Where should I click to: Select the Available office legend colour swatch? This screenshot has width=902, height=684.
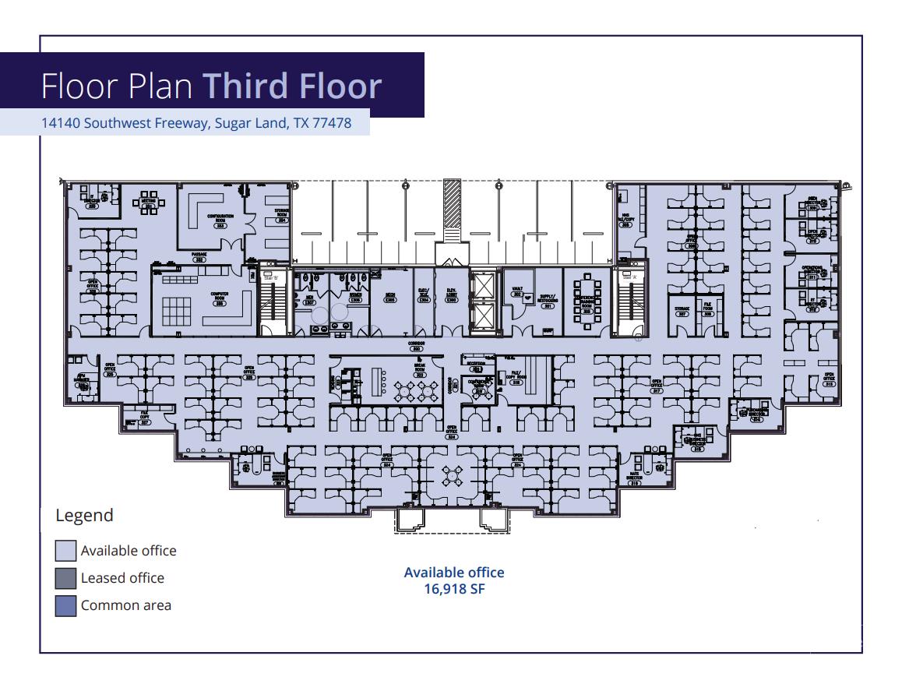(65, 551)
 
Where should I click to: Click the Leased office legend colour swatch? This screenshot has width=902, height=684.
(65, 578)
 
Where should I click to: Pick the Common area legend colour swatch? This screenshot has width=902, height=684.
(65, 605)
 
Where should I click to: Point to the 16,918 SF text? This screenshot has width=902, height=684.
(454, 590)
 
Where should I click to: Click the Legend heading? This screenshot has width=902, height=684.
(84, 515)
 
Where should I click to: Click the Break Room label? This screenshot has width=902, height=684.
(419, 369)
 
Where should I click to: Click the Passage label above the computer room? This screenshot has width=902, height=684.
(199, 257)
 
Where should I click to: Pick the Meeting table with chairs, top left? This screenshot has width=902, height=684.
(149, 201)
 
